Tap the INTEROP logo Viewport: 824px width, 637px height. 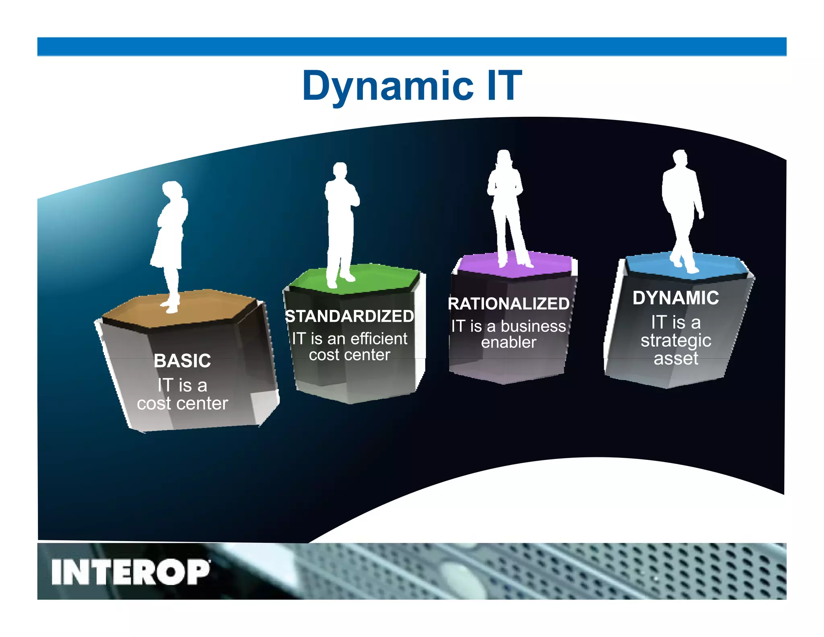tap(130, 572)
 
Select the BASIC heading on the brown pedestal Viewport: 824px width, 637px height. tap(182, 361)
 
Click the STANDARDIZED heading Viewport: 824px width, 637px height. tap(349, 316)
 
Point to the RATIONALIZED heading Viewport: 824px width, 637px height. tap(509, 304)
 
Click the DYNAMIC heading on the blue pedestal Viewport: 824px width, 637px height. tap(676, 298)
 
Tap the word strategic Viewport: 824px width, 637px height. tap(676, 341)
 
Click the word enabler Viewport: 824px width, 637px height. tap(509, 343)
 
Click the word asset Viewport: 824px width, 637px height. tap(676, 358)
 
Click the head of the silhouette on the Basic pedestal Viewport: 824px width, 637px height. tap(172, 190)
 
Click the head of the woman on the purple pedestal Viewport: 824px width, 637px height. tap(503, 157)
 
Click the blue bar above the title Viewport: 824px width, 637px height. tap(412, 46)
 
